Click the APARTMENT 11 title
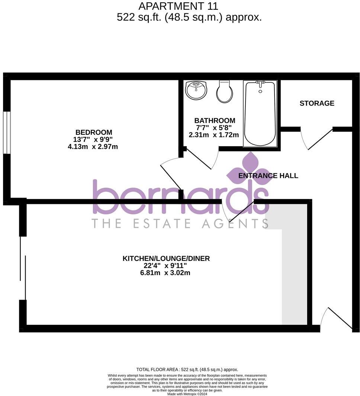(178, 6)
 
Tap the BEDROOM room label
(94, 132)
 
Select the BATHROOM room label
(215, 121)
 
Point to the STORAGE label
(317, 103)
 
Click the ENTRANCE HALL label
(268, 176)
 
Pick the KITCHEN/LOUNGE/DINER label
(166, 258)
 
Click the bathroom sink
(196, 90)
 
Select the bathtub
(260, 113)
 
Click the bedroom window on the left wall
(7, 132)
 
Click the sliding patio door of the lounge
(23, 268)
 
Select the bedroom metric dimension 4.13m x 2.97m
(93, 147)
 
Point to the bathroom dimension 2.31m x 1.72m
(214, 135)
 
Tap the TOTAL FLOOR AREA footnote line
(187, 370)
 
